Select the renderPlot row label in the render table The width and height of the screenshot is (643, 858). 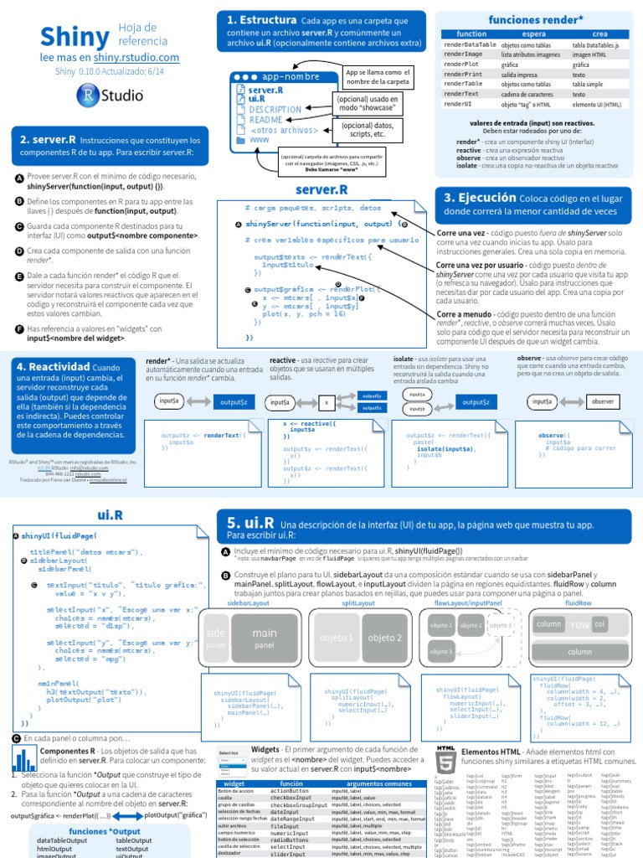pos(463,64)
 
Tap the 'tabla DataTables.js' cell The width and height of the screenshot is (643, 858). pos(595,44)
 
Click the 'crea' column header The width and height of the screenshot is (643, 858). pos(599,33)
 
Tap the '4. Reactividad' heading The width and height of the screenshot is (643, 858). pos(58,366)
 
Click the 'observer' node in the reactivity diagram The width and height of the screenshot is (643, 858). pos(602,402)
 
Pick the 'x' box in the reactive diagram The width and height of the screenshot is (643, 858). pos(327,402)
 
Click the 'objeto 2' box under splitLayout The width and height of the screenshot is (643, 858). pos(386,638)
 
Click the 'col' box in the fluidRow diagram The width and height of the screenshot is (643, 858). pos(599,624)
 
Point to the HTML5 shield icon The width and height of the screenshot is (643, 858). pos(446,754)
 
